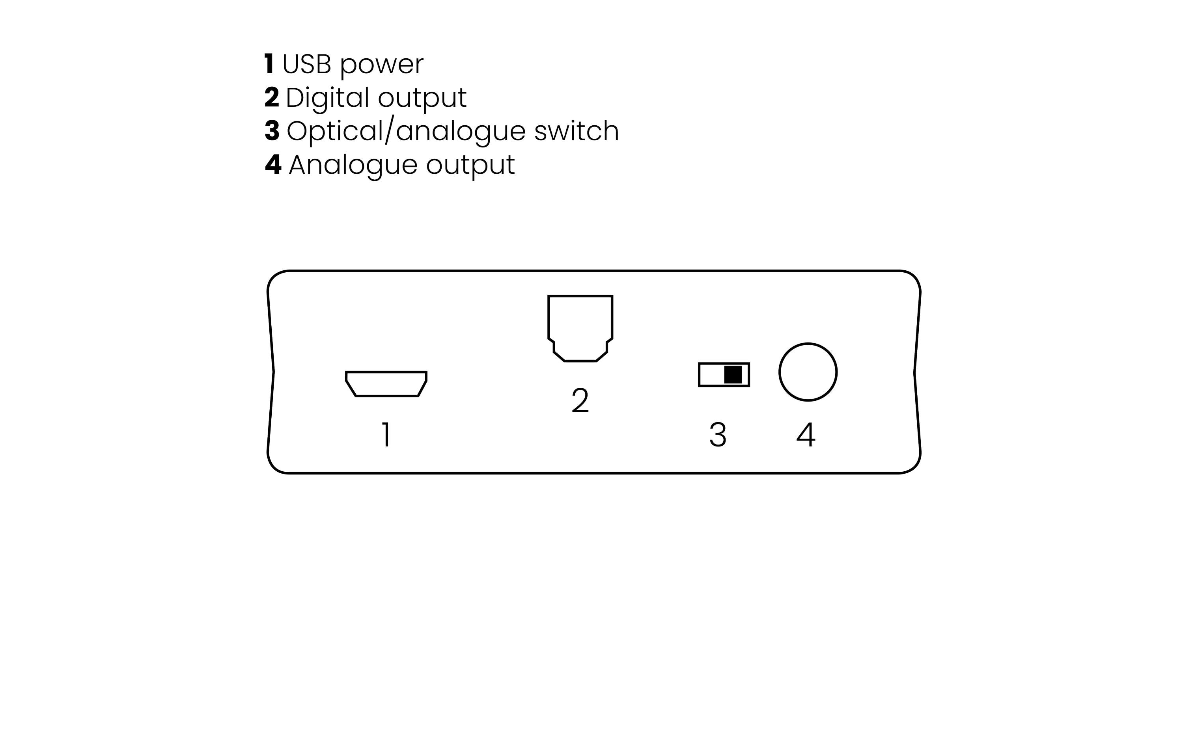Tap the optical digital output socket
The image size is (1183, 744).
pyautogui.click(x=580, y=327)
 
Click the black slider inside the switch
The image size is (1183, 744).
pyautogui.click(x=733, y=375)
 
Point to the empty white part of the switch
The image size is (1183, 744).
pyautogui.click(x=711, y=375)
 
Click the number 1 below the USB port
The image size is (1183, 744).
pyautogui.click(x=386, y=435)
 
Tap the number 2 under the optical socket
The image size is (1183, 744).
pyautogui.click(x=580, y=401)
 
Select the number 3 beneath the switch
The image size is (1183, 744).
pyautogui.click(x=718, y=435)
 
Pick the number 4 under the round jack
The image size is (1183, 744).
pyautogui.click(x=806, y=435)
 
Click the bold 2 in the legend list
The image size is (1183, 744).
pyautogui.click(x=271, y=97)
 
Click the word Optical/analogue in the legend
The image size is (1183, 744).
pyautogui.click(x=406, y=132)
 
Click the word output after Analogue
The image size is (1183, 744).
pyautogui.click(x=470, y=166)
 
